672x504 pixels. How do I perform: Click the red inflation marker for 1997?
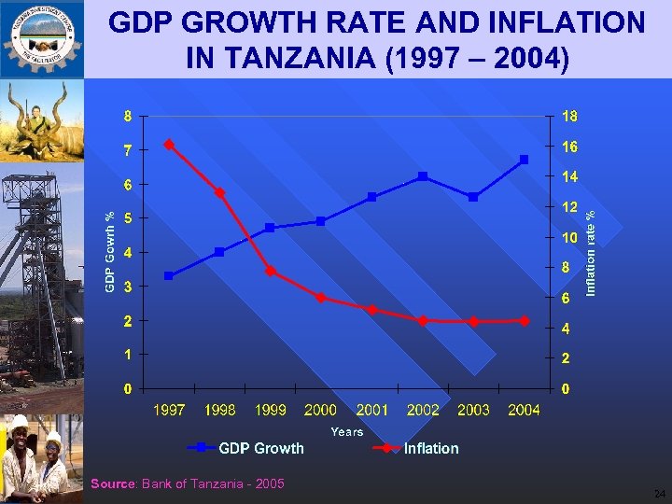pyautogui.click(x=168, y=145)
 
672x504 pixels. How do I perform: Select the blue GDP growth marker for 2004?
pyautogui.click(x=525, y=160)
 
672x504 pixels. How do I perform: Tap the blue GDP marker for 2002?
pyautogui.click(x=423, y=175)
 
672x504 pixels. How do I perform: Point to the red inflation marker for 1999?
pyautogui.click(x=270, y=272)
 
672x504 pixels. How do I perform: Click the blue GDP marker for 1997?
pyautogui.click(x=168, y=275)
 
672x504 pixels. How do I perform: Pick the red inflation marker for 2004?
pyautogui.click(x=525, y=320)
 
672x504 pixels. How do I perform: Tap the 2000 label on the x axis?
pyautogui.click(x=320, y=410)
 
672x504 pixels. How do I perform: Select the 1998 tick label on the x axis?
pyautogui.click(x=219, y=410)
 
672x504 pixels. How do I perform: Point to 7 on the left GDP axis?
pyautogui.click(x=129, y=149)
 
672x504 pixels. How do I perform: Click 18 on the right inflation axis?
pyautogui.click(x=569, y=117)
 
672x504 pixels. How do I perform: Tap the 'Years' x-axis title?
pyautogui.click(x=346, y=431)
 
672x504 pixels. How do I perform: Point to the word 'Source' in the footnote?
pyautogui.click(x=113, y=483)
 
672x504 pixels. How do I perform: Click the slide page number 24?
pyautogui.click(x=659, y=493)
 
